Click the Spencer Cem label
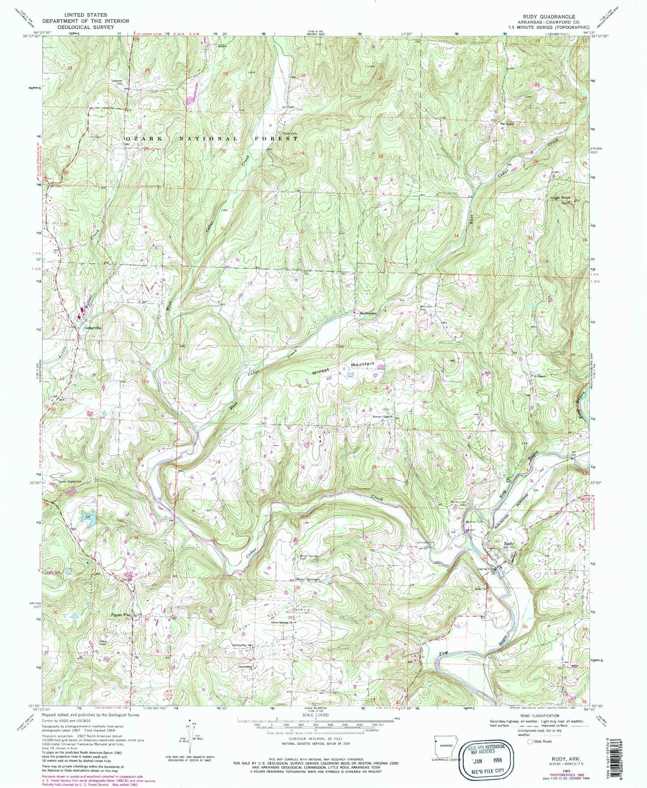coord(117,82)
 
